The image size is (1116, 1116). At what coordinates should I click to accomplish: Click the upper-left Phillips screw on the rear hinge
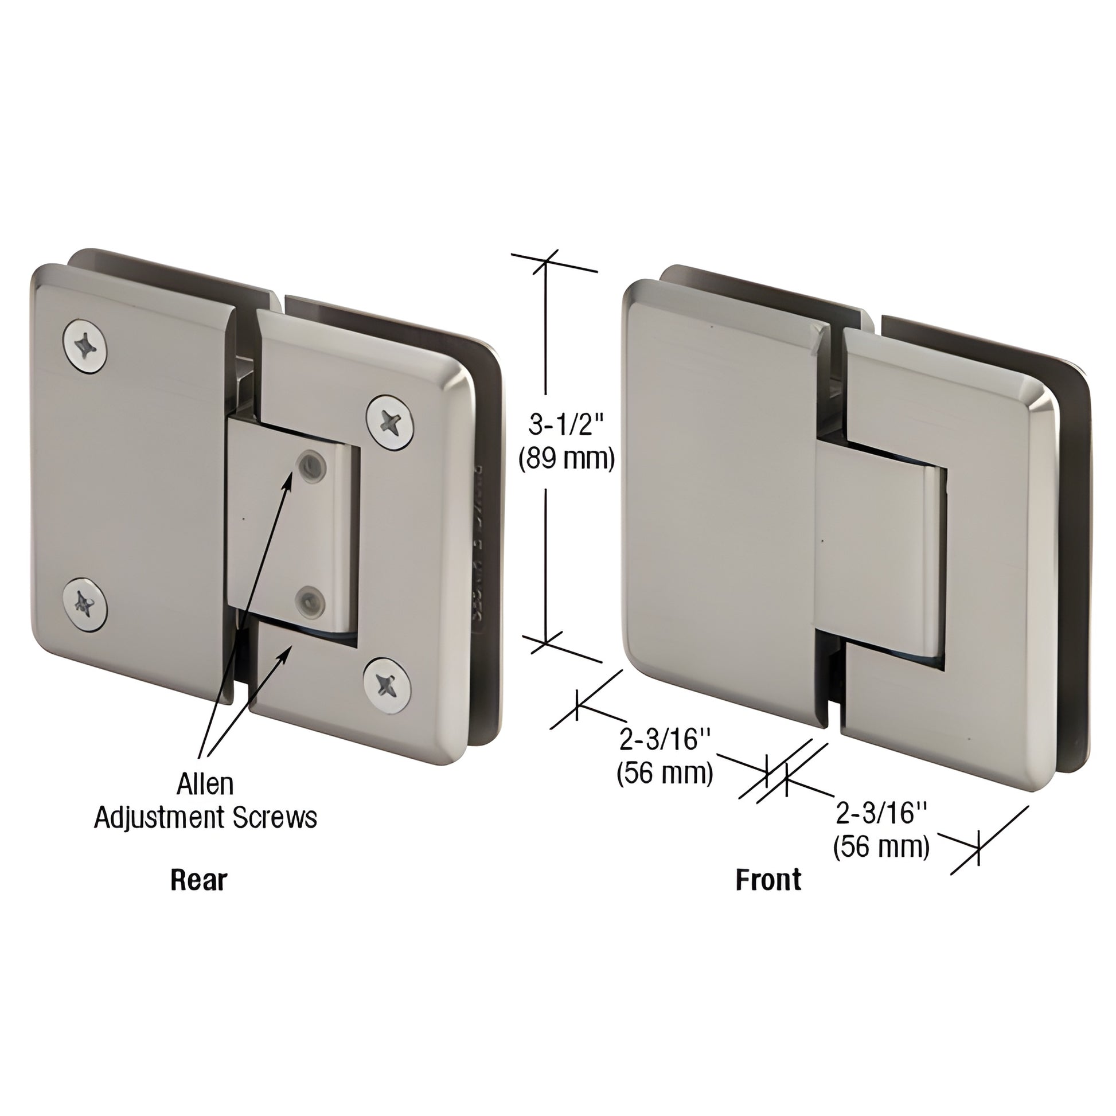pos(85,346)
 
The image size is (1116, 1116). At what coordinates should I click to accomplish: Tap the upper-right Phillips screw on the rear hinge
pos(391,422)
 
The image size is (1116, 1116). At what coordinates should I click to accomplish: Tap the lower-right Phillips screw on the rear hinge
pos(388,686)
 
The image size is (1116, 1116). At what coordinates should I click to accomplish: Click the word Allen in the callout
pos(205,785)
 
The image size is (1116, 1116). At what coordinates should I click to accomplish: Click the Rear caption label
pos(198,880)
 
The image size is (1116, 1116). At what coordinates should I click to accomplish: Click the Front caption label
pos(768,880)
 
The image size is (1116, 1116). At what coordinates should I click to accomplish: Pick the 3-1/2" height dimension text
pos(565,426)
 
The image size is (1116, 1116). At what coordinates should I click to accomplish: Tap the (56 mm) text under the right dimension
pos(881,848)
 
